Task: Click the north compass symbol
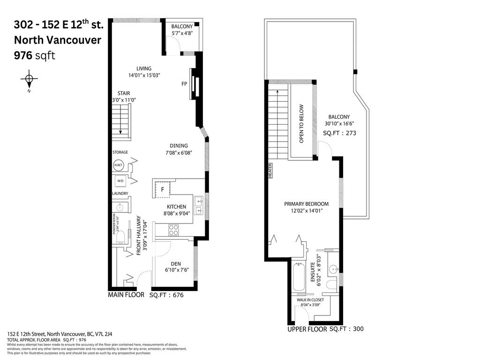point(29,80)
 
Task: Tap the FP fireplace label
point(184,84)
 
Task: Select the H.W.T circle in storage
point(119,165)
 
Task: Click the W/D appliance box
point(120,181)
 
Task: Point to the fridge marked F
point(162,189)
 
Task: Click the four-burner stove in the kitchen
point(173,230)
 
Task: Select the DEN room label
point(176,263)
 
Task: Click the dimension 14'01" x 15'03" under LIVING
point(144,75)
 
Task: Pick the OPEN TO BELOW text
point(301,123)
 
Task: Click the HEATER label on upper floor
point(270,172)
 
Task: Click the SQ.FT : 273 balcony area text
point(339,133)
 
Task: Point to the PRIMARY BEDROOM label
point(306,204)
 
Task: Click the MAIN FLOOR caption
point(126,295)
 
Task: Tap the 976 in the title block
point(23,55)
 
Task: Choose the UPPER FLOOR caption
point(307,330)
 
